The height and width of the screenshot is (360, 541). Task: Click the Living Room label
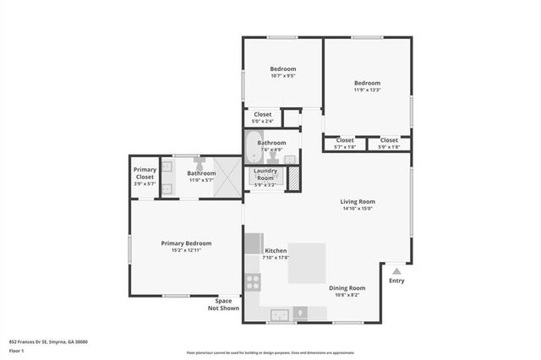coord(358,202)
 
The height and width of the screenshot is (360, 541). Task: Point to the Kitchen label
coord(276,252)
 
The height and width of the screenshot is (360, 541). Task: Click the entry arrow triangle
coord(396,271)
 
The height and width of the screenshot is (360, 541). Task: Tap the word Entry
coord(396,281)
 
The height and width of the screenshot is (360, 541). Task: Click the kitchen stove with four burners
coord(253,282)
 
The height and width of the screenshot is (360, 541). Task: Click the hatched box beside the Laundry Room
coord(294,178)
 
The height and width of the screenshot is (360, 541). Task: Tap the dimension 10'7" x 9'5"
coord(283,76)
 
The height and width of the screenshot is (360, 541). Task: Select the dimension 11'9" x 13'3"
coord(367,90)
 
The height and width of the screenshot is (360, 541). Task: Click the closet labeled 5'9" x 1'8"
coord(389,143)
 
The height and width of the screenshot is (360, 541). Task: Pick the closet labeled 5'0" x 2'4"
coord(263,117)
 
